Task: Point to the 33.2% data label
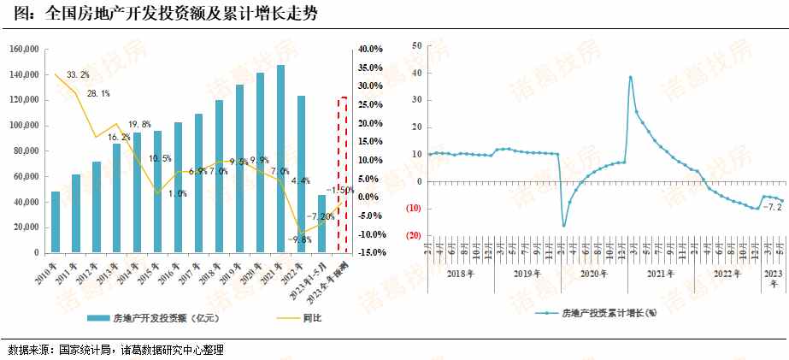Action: (x=78, y=75)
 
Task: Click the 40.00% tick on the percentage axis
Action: (x=370, y=50)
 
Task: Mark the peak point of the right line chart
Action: (x=630, y=77)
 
